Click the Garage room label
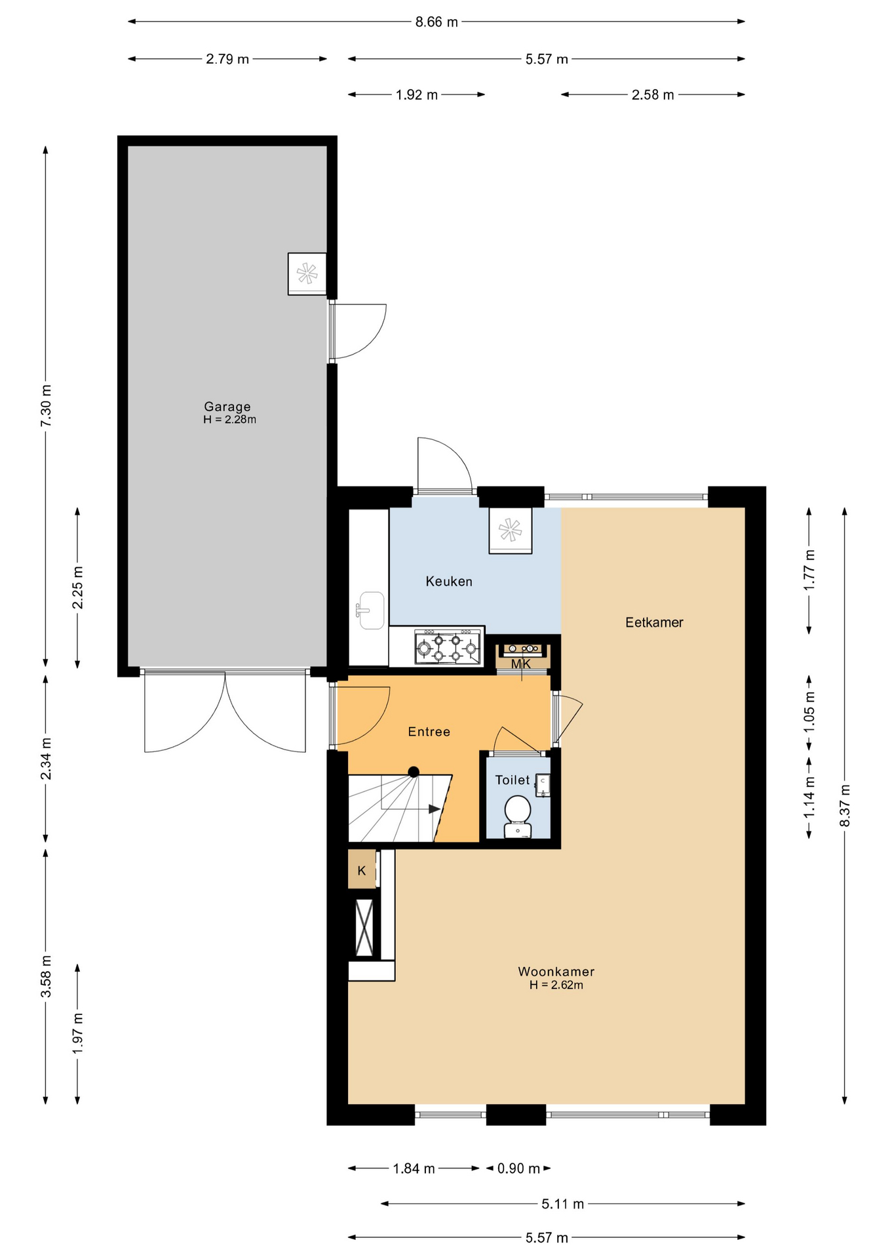coord(227,407)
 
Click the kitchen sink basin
coord(372,610)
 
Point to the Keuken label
coord(448,581)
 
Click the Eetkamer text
coord(653,622)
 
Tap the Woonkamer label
coord(556,971)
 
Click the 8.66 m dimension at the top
coord(436,22)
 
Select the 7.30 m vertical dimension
coord(46,407)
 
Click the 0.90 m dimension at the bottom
coord(518,1169)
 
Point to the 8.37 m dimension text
coord(845,806)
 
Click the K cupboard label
coord(361,871)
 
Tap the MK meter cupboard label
coord(521,664)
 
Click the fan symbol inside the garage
coord(307,273)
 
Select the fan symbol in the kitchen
coord(510,530)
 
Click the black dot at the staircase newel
coord(414,772)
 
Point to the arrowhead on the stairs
coord(434,809)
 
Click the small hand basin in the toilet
coord(543,785)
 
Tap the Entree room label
coord(429,732)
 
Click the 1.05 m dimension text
coord(809,712)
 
